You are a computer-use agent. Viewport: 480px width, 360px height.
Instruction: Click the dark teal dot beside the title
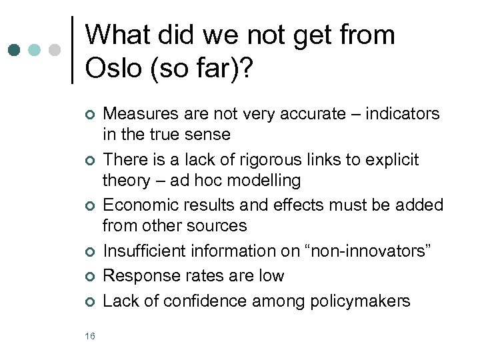point(15,50)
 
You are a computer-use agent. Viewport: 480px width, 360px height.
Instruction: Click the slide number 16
point(90,336)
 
